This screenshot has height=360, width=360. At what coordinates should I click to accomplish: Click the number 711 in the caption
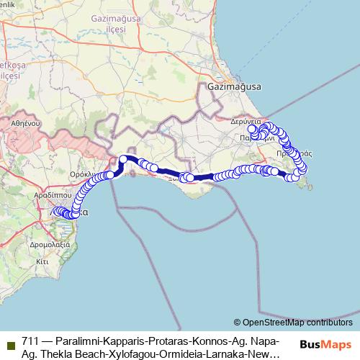click(x=30, y=341)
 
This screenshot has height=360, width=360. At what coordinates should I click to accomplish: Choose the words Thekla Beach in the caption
click(x=66, y=354)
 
